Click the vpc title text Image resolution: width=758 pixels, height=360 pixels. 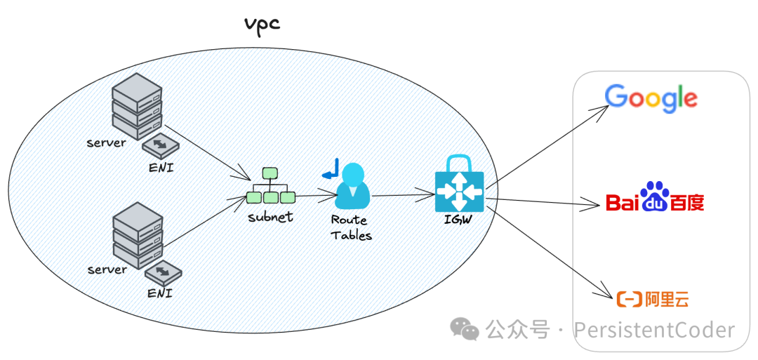pyautogui.click(x=262, y=23)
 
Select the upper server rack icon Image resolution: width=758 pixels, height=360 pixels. pyautogui.click(x=137, y=109)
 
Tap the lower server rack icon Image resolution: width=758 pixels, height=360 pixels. pyautogui.click(x=138, y=235)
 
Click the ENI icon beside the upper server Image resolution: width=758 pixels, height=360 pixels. pyautogui.click(x=160, y=146)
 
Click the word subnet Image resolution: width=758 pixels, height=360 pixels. pyautogui.click(x=270, y=217)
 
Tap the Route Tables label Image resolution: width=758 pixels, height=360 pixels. pyautogui.click(x=351, y=227)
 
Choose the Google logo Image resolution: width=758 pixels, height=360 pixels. pyautogui.click(x=651, y=98)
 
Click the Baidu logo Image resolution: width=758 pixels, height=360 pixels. pyautogui.click(x=655, y=199)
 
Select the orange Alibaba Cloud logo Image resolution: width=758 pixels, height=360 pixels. pyautogui.click(x=652, y=300)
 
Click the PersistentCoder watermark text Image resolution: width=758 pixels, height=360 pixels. pyautogui.click(x=653, y=330)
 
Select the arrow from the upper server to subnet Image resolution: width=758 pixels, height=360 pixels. pyautogui.click(x=208, y=152)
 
